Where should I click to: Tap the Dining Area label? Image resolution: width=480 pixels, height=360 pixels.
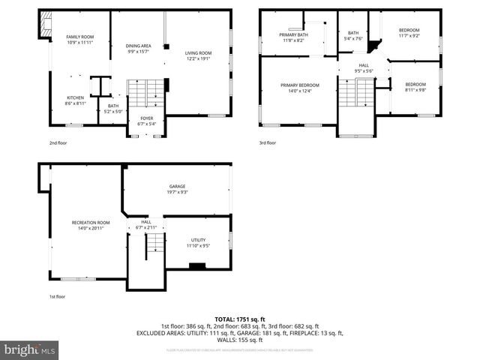pos(139,46)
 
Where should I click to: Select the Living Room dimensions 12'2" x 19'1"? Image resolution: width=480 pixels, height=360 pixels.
pos(199,58)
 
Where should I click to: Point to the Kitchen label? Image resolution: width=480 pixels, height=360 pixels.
pos(76,98)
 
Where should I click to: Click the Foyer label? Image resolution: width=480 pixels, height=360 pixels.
pos(146,118)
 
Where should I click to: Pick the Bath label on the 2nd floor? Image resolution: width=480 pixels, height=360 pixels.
pos(113,106)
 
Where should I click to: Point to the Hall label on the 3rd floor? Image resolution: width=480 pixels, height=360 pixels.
pos(364,65)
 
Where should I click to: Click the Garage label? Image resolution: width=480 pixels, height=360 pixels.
pos(177,186)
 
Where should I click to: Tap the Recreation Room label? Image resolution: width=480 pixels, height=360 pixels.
pos(91,223)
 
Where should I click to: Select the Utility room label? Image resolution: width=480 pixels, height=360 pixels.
pos(198,239)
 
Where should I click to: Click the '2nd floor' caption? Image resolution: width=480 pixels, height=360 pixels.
pos(58,142)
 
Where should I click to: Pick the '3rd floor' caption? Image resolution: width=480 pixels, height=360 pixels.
pos(268,142)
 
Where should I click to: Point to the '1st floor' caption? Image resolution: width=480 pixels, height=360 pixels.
pos(58,297)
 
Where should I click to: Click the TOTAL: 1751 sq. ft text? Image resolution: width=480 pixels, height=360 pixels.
pos(240,319)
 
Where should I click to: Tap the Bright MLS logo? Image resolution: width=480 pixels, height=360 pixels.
pos(30,349)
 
